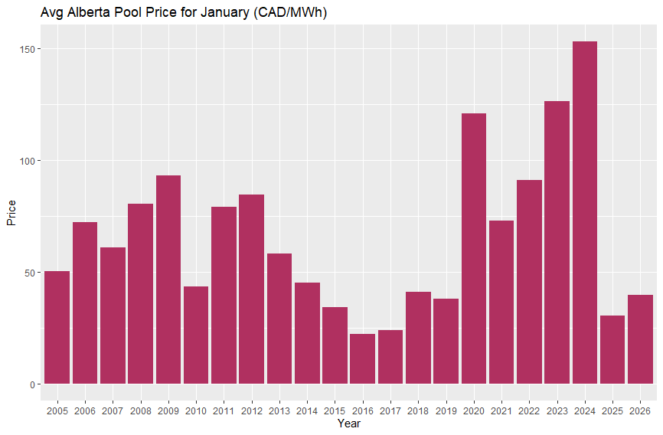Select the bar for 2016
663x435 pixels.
[x=362, y=358]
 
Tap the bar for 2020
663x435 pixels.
[x=473, y=248]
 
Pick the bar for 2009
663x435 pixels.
[x=168, y=280]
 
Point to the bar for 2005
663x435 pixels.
[x=57, y=327]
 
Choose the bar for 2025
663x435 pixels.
[x=612, y=349]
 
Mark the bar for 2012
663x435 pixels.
[x=251, y=289]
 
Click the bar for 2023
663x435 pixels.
[x=557, y=242]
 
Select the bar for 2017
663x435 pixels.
[x=390, y=357]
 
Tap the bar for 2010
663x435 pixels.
[x=196, y=335]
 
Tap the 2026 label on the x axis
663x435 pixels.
[x=640, y=411]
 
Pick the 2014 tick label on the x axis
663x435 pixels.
[x=307, y=411]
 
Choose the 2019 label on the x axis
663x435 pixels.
[x=446, y=411]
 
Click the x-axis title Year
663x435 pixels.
[x=348, y=424]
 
